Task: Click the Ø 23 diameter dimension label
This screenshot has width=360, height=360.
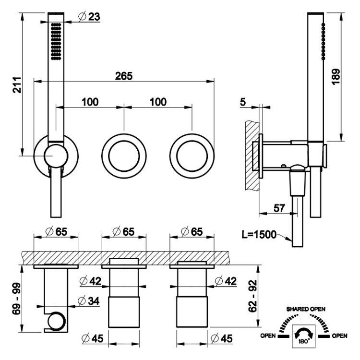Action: pyautogui.click(x=89, y=16)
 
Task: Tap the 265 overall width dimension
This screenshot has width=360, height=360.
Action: pyautogui.click(x=124, y=76)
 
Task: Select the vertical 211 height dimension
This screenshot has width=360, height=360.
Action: pyautogui.click(x=17, y=85)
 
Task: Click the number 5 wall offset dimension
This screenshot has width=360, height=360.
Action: pyautogui.click(x=243, y=102)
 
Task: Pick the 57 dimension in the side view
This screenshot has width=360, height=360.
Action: pyautogui.click(x=279, y=208)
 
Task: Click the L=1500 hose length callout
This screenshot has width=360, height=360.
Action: pyautogui.click(x=259, y=235)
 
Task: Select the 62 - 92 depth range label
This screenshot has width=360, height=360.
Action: pyautogui.click(x=252, y=296)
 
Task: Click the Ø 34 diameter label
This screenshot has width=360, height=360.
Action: pyautogui.click(x=89, y=301)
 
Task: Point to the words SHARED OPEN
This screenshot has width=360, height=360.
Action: pyautogui.click(x=306, y=309)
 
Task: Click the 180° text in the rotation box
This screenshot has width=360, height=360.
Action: pyautogui.click(x=304, y=341)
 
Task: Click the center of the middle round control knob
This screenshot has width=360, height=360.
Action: pyautogui.click(x=124, y=156)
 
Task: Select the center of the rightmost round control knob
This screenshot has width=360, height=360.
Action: pyautogui.click(x=192, y=156)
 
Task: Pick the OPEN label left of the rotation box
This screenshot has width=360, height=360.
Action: pyautogui.click(x=268, y=336)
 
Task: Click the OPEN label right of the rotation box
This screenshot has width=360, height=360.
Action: pyautogui.click(x=339, y=336)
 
